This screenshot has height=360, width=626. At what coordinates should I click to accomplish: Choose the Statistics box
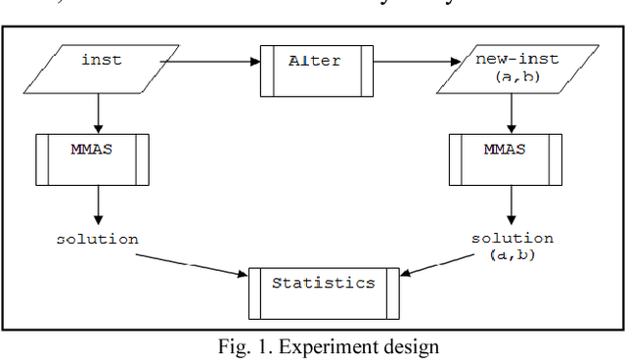[323, 284]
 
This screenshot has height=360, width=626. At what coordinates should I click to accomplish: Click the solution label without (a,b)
[98, 240]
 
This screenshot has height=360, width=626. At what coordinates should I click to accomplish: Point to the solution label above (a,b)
[512, 239]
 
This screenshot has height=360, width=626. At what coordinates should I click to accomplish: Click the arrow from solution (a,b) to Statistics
[440, 267]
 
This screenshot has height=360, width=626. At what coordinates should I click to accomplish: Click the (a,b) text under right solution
[512, 255]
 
